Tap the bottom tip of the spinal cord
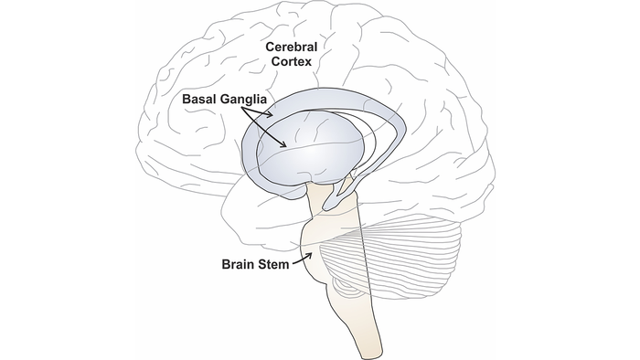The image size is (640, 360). tap(363, 353)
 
